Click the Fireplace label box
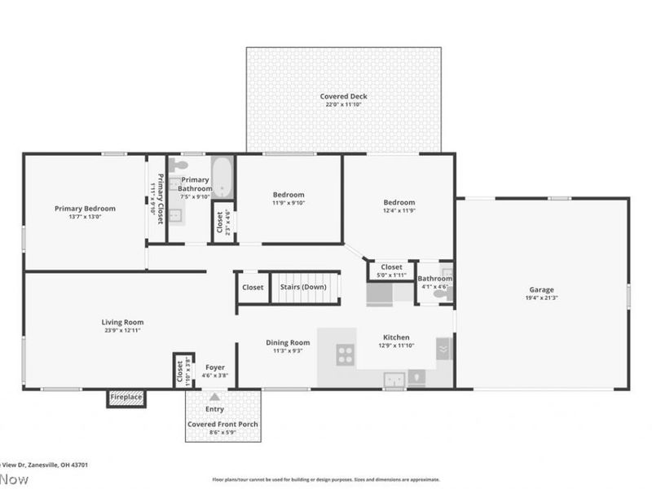coord(126,398)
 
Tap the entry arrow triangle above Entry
coord(214,397)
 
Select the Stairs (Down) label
coord(303,287)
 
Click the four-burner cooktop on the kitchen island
coord(346,355)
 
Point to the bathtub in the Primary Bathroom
coord(222,177)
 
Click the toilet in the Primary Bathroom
coord(181,165)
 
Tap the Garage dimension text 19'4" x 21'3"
coord(541,298)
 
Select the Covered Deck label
coord(343,96)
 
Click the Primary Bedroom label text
coord(85,209)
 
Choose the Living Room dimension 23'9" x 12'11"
coord(122,331)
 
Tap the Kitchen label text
coord(396,337)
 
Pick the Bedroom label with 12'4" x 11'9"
coord(399,202)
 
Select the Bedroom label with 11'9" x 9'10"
coord(289,195)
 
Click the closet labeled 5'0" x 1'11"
coord(391,267)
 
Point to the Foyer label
coord(215,368)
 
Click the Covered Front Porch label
coord(222,425)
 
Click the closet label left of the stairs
coord(253,287)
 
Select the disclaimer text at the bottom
coord(326,480)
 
